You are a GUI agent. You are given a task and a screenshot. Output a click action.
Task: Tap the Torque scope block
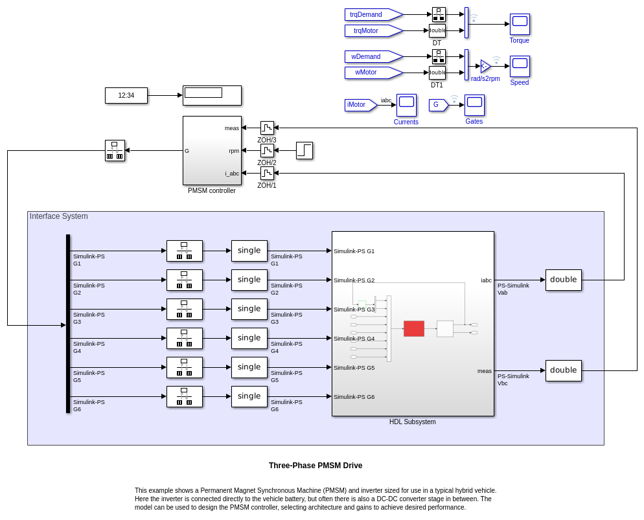(x=520, y=24)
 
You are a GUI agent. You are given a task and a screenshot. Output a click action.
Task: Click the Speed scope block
(x=520, y=66)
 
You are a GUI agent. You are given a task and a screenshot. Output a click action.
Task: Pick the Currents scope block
(x=406, y=105)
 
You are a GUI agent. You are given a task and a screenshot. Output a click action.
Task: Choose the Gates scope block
(x=474, y=105)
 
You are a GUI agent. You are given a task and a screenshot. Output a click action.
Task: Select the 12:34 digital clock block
(x=126, y=95)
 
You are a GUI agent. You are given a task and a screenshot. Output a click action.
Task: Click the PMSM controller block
(x=212, y=150)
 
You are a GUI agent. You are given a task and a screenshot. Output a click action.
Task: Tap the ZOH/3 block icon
(x=267, y=128)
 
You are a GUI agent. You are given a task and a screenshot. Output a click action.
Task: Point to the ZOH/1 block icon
(x=267, y=173)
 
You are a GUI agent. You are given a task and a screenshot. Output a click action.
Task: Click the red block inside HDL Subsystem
(x=414, y=328)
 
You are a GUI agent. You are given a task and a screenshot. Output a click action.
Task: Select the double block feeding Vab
(x=564, y=280)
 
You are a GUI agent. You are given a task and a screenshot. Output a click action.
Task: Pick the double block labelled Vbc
(x=564, y=370)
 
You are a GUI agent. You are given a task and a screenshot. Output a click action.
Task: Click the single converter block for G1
(x=249, y=251)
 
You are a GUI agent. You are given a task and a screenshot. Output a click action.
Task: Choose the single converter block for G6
(x=249, y=396)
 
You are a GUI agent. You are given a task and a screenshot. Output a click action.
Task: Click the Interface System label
(x=59, y=216)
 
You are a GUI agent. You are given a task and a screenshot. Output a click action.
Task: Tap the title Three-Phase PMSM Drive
(x=316, y=466)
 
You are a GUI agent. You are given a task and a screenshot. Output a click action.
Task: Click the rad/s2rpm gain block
(x=485, y=66)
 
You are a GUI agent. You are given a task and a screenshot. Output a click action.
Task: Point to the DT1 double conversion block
(x=437, y=73)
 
